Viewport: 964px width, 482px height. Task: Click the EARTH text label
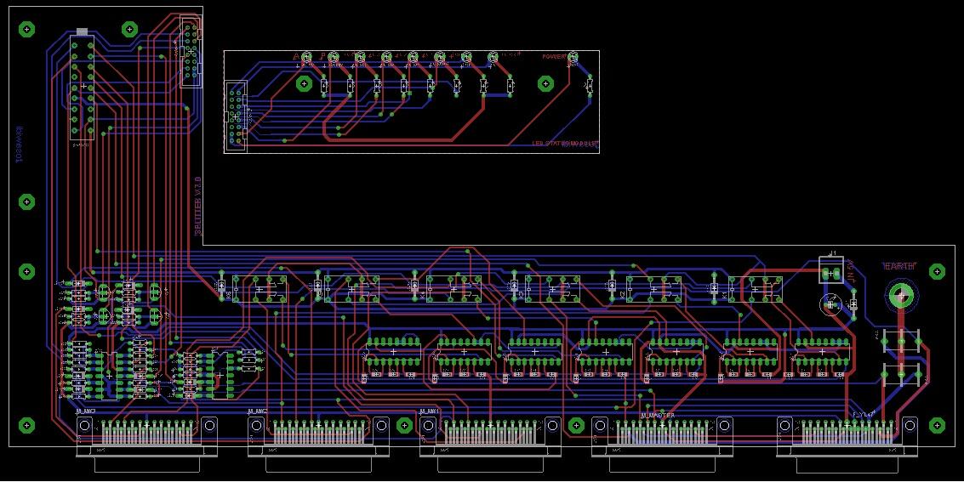click(x=898, y=266)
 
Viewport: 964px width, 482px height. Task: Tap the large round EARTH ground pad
click(x=901, y=295)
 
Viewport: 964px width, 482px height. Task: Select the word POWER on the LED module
click(x=554, y=57)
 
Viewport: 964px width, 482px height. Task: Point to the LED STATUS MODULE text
click(x=565, y=143)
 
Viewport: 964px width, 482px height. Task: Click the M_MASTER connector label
click(x=657, y=415)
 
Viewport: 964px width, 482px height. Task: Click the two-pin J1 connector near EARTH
click(x=830, y=269)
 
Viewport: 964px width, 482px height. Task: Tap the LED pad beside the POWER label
click(x=573, y=58)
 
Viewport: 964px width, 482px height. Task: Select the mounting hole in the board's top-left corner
click(x=26, y=29)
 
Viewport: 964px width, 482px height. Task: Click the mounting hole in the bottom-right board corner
click(x=937, y=424)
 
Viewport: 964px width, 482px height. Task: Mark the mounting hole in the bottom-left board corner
click(x=26, y=424)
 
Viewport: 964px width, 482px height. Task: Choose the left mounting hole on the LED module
click(x=304, y=83)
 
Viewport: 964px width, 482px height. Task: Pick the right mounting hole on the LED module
click(x=545, y=83)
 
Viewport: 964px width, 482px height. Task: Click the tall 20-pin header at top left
click(x=82, y=87)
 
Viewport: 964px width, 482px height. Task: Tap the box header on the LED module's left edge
click(x=235, y=116)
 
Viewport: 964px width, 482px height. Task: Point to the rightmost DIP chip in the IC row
click(x=821, y=350)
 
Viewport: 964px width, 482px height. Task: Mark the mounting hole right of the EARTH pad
click(x=937, y=272)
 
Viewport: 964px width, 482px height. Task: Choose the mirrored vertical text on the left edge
click(x=19, y=145)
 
